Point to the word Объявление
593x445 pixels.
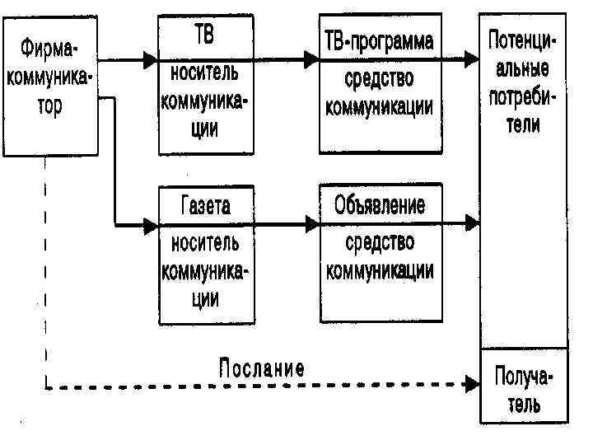click(x=380, y=204)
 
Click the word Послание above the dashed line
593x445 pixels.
click(x=261, y=368)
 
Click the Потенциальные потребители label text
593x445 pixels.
click(x=524, y=82)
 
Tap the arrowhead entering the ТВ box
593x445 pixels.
click(x=150, y=59)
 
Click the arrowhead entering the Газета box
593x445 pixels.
click(x=150, y=224)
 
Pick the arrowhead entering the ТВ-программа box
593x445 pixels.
click(x=311, y=59)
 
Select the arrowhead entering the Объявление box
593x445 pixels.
click(x=311, y=223)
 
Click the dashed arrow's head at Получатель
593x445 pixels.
click(x=472, y=383)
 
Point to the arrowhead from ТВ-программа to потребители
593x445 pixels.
click(x=471, y=59)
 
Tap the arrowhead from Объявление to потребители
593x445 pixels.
click(x=471, y=222)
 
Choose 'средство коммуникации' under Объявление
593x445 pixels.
click(x=380, y=256)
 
